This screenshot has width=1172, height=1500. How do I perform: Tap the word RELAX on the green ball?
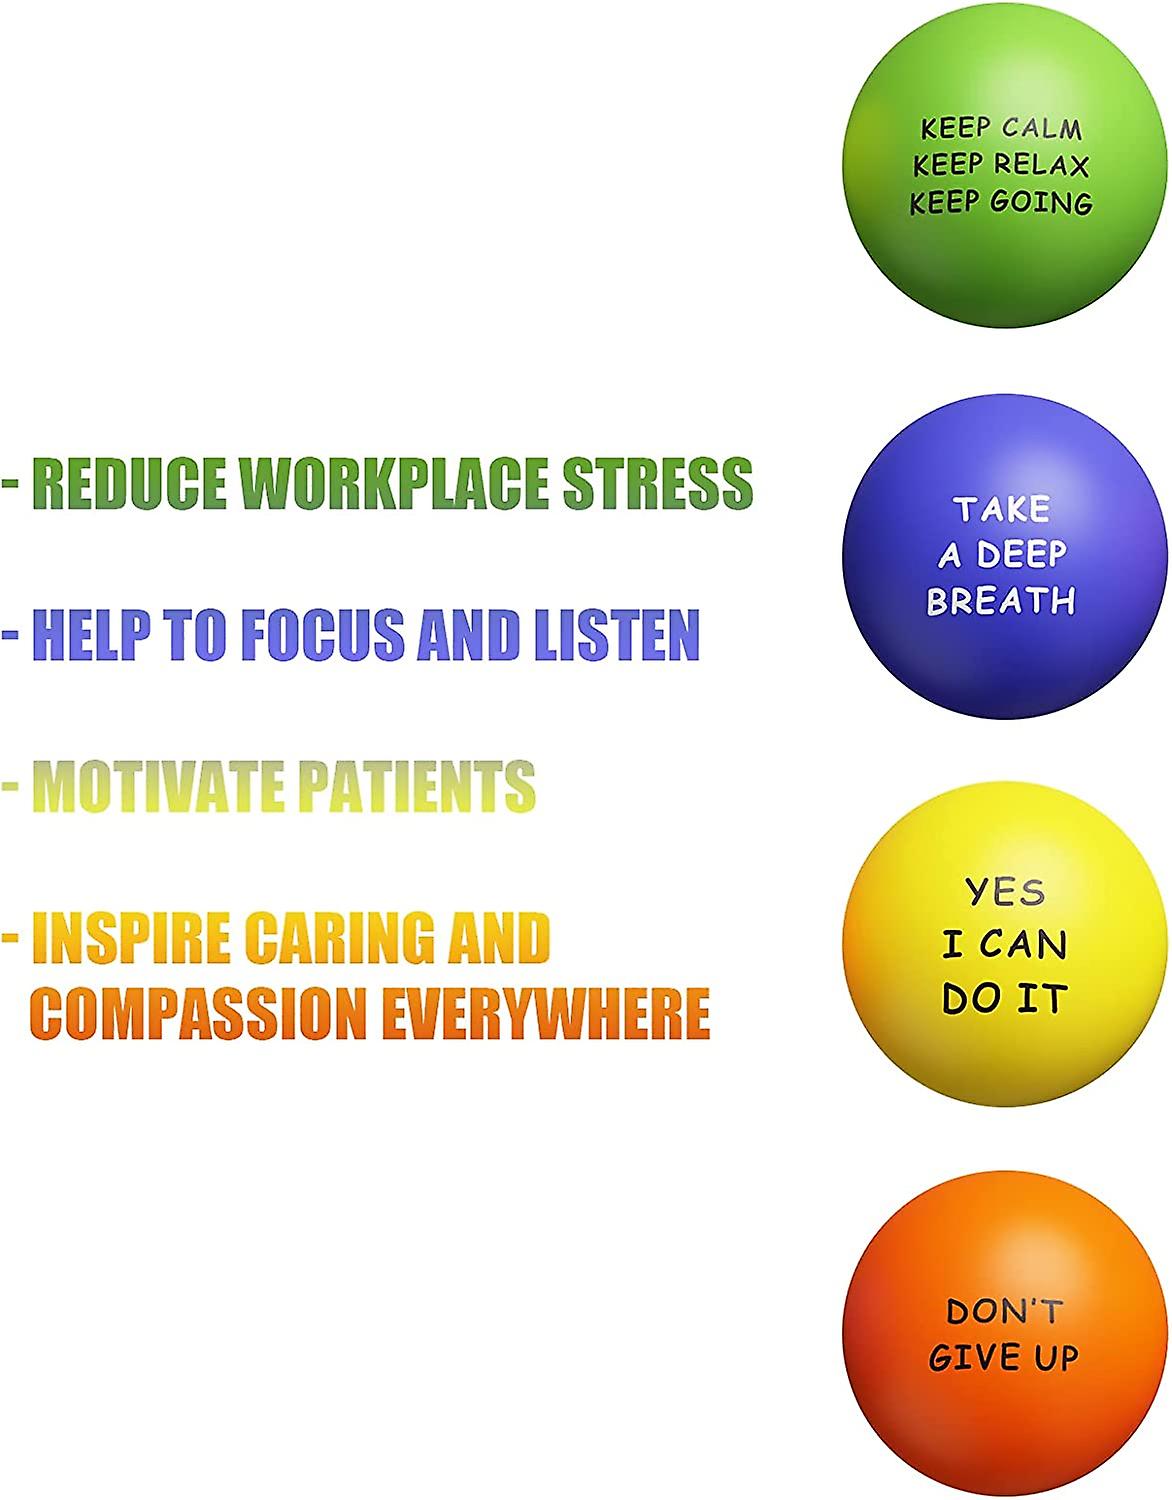tap(1043, 165)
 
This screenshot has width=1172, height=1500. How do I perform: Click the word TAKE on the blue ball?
tap(1001, 509)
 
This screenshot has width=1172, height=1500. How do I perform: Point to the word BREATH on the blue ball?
tap(1001, 601)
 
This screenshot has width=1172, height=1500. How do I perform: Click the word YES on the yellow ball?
tap(1005, 891)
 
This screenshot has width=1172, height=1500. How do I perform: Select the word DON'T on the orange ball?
tap(1004, 1311)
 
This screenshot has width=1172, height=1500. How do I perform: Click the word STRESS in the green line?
tap(657, 483)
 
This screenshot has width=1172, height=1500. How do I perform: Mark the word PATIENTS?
tap(417, 785)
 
